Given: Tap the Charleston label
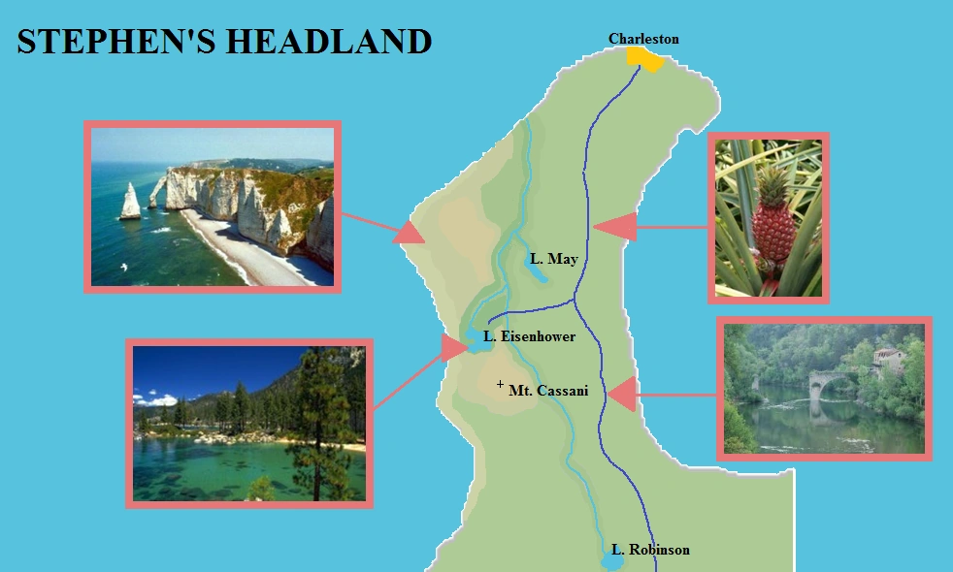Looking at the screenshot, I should pos(643,39).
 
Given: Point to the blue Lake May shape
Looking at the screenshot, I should pos(535,269).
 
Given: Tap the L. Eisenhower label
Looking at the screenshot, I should pos(529,336).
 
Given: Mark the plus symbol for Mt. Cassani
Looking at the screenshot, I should pos(500,385).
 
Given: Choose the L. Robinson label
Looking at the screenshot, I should pos(650,550).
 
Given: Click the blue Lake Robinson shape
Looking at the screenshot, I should pos(612,560).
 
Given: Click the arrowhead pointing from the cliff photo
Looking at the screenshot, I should pos(410,233).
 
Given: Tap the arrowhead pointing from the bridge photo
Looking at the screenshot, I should pos(621,395).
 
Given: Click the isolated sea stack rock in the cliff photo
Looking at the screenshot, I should pos(129,203).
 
